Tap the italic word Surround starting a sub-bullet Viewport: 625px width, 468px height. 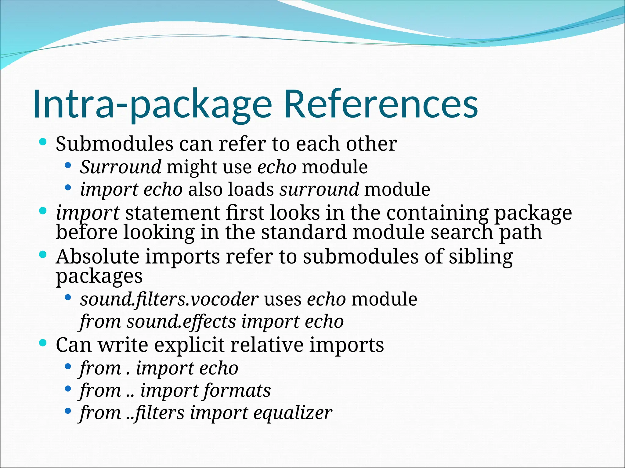pyautogui.click(x=121, y=167)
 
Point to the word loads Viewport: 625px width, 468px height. pyautogui.click(x=251, y=190)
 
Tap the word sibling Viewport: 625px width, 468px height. pyautogui.click(x=481, y=257)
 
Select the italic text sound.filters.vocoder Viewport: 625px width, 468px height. pyautogui.click(x=169, y=299)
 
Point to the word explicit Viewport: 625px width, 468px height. pyautogui.click(x=189, y=345)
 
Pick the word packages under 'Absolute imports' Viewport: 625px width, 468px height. pyautogui.click(x=99, y=276)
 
